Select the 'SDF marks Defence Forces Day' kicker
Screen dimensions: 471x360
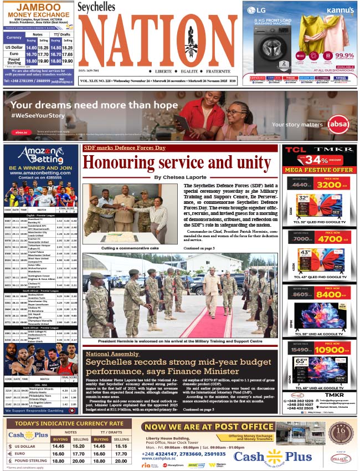(x=124, y=148)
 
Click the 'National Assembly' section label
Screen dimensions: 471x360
(x=112, y=354)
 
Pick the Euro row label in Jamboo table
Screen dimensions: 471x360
(x=13, y=54)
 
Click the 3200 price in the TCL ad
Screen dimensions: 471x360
(x=332, y=186)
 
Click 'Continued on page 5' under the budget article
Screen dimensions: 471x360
(x=198, y=409)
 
